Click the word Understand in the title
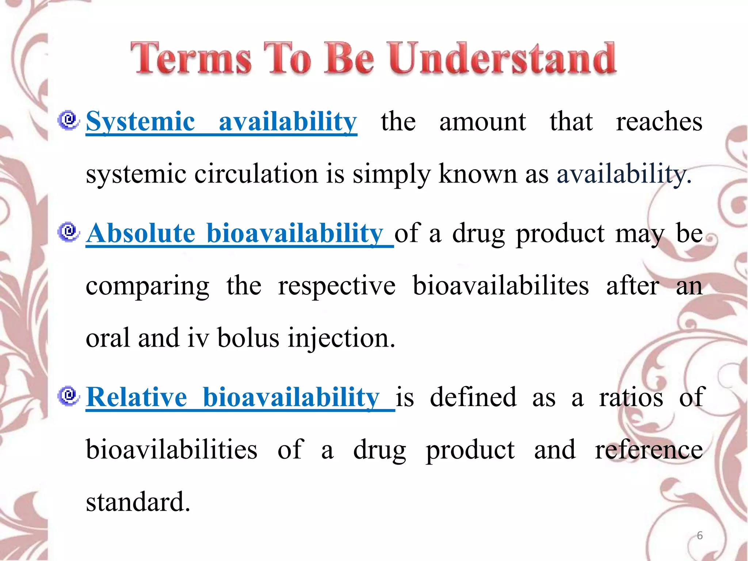point(502,58)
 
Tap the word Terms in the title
point(191,58)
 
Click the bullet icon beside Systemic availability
point(68,120)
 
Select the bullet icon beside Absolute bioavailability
point(68,232)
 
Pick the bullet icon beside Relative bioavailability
point(68,396)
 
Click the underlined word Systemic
point(140,122)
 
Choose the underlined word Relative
point(137,397)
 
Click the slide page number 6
point(699,535)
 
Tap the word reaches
point(659,122)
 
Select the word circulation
point(256,174)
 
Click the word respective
point(336,286)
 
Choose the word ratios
point(631,397)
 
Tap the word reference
point(649,450)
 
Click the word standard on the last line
point(138,502)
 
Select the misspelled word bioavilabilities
point(172,449)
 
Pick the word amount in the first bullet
point(482,122)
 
